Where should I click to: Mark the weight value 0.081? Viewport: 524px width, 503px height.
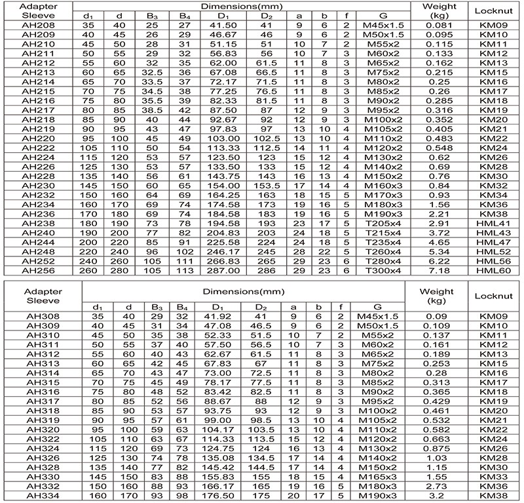438,24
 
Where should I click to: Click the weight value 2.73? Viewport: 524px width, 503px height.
438,486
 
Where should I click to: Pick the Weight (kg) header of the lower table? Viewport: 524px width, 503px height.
438,296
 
